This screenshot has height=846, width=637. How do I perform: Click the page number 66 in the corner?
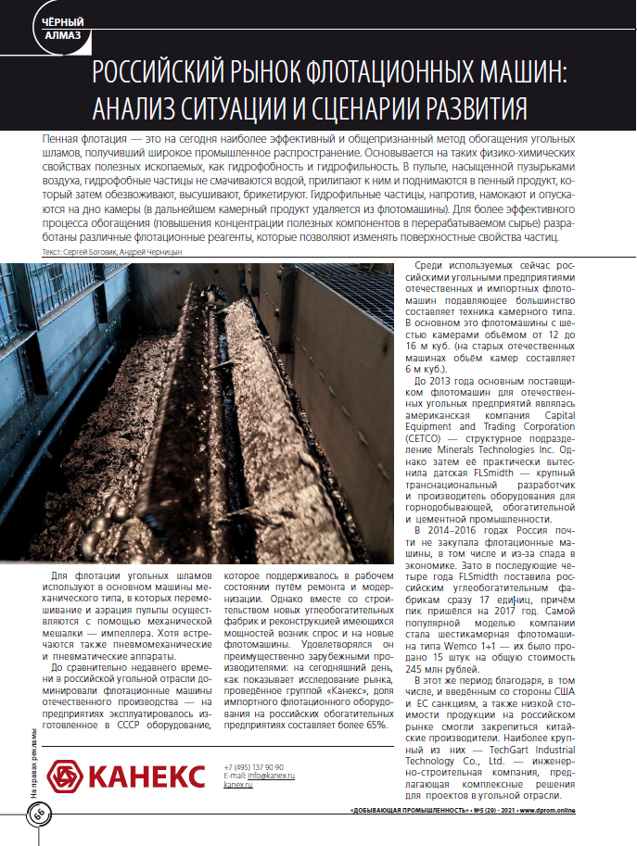point(40,815)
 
